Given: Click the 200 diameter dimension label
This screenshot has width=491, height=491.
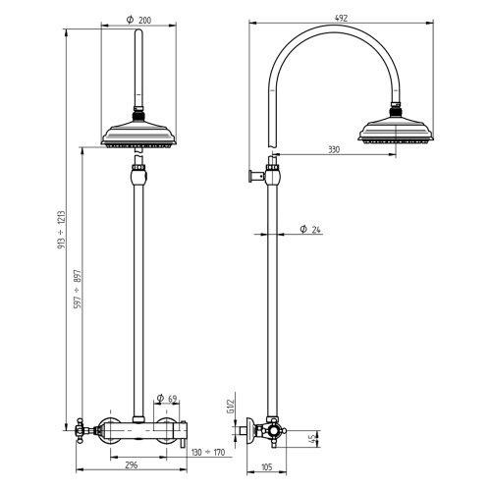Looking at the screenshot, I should coord(138,20).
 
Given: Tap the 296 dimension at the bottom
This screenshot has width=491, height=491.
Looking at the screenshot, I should coord(132,465).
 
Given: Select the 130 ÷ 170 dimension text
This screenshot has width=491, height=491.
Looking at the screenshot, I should coord(209,453).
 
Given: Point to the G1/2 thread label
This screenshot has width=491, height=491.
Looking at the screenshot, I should coord(228,404).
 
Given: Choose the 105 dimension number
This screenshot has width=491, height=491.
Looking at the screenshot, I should coord(266,468).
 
